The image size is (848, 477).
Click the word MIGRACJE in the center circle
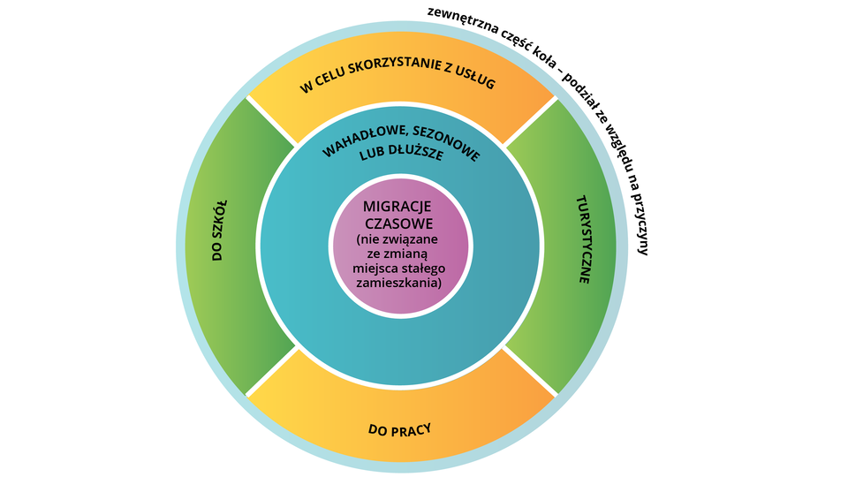[402, 206]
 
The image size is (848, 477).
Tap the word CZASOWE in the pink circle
[401, 223]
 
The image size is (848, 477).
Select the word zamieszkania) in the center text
[402, 284]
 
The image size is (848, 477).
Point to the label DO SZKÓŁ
[218, 228]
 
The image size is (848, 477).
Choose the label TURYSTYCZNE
[584, 238]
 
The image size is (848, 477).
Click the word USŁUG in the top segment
[473, 81]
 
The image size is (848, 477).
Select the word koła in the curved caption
[546, 48]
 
